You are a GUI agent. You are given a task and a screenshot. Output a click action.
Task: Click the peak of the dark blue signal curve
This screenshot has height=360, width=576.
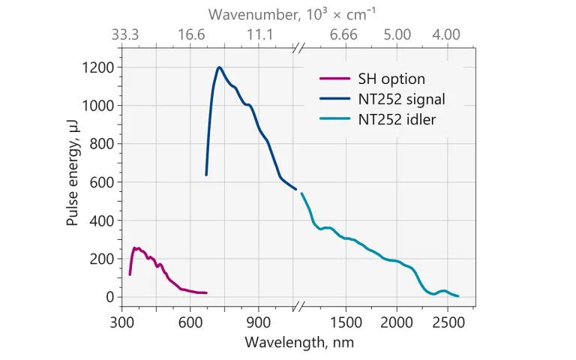click(220, 67)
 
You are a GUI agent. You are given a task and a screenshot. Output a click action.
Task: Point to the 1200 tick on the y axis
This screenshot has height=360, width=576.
click(98, 67)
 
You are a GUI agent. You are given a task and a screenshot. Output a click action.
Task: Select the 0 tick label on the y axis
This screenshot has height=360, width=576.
click(109, 297)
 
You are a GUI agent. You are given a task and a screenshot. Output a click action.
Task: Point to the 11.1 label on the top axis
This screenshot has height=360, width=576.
click(260, 34)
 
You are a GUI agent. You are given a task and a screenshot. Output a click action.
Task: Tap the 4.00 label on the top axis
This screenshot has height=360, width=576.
click(447, 34)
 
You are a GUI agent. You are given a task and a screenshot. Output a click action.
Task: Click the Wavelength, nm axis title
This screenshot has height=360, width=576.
click(298, 342)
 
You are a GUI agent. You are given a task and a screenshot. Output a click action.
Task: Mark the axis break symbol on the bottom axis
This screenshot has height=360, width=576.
click(298, 306)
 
